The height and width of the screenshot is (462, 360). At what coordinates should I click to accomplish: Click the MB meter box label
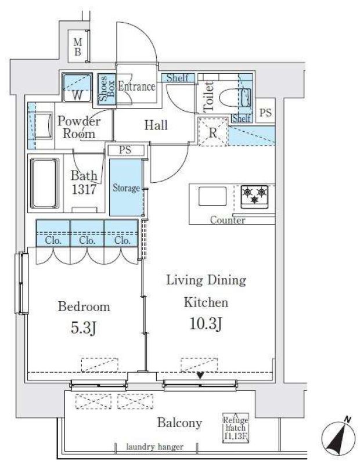pos(78,47)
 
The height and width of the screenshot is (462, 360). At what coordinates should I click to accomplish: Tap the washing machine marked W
pos(77,88)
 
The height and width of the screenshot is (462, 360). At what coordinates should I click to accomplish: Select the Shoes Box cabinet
pos(107,89)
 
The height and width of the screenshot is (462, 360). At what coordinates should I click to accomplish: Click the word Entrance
pos(136,86)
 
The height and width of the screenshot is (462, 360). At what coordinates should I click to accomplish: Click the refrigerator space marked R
pos(213,131)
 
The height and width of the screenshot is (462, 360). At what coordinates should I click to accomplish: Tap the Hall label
pos(156,125)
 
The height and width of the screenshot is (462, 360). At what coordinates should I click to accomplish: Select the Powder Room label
pos(79,127)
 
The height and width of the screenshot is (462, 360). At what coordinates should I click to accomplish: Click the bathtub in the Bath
pos(45,183)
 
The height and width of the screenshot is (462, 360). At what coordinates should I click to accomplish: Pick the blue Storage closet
pos(126,187)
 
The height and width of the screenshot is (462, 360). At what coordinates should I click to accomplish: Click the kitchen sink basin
pos(213,196)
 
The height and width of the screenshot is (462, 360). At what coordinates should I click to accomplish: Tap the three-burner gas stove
pos(254,197)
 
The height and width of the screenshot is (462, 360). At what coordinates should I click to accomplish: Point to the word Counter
pos(228,220)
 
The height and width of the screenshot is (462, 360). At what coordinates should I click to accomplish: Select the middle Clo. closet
pos(87,233)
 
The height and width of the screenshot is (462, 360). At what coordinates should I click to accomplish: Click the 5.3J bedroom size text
pos(84,328)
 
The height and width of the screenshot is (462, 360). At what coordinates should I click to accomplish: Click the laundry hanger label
pos(155,447)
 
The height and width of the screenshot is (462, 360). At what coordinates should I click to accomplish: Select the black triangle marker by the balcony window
pos(200,376)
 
